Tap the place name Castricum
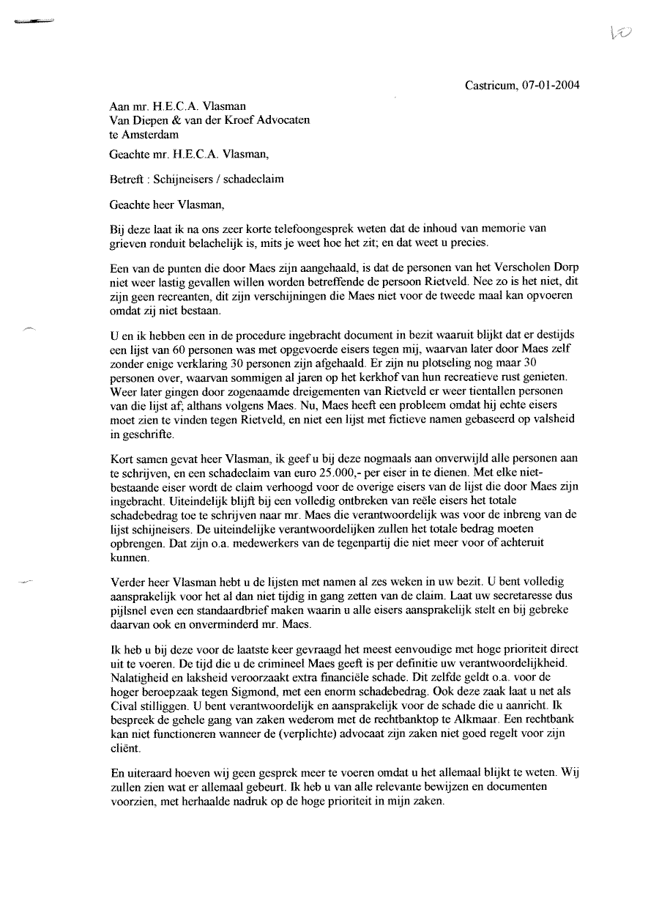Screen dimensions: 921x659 pyautogui.click(x=491, y=86)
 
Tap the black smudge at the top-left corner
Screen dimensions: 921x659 pyautogui.click(x=33, y=23)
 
